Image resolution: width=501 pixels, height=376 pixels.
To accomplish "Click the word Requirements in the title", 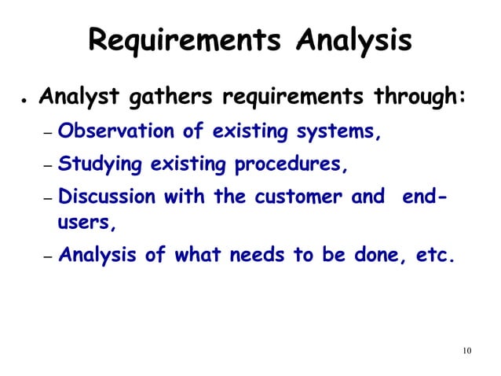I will pyautogui.click(x=183, y=40).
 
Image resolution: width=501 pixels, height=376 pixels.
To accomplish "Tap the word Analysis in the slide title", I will pyautogui.click(x=353, y=40).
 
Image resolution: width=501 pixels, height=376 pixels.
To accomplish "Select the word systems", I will pyautogui.click(x=341, y=132).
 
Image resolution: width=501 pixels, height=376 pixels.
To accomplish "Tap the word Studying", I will pyautogui.click(x=101, y=165).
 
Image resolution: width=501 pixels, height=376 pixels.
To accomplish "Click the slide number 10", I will pyautogui.click(x=466, y=349).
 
